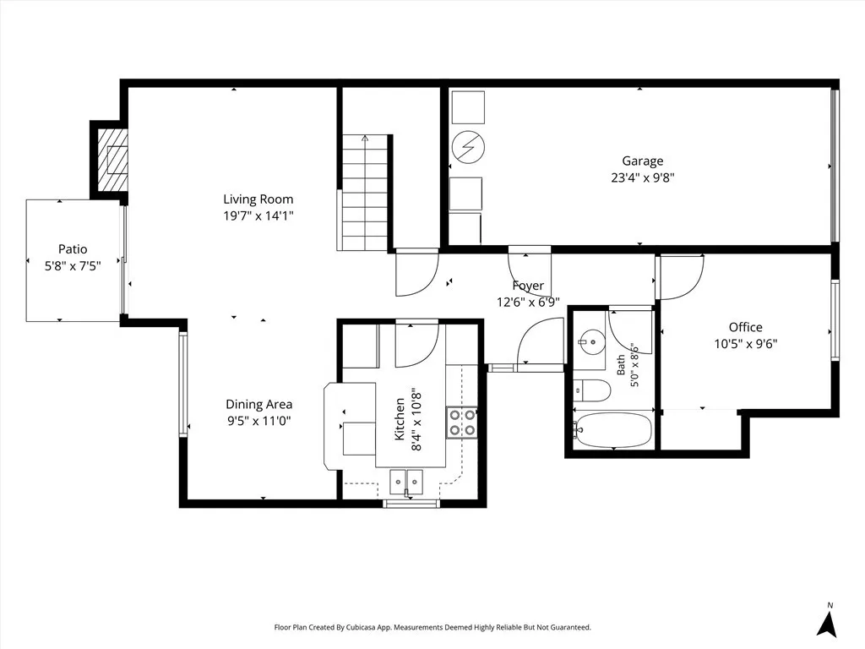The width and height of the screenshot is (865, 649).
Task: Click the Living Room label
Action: (x=258, y=199)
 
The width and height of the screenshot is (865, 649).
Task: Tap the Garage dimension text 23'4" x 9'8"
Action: (x=643, y=177)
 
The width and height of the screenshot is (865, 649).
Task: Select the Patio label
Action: (x=73, y=249)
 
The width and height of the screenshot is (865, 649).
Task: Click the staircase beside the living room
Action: (x=364, y=194)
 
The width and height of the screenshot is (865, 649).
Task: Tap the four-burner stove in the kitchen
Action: (x=462, y=423)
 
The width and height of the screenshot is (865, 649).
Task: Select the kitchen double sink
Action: (x=406, y=481)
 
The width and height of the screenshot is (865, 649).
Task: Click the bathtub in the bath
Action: (x=612, y=430)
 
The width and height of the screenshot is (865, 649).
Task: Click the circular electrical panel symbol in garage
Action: (x=468, y=147)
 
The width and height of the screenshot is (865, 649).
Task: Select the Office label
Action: (x=745, y=327)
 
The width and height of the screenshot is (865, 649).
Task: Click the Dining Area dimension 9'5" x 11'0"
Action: (x=258, y=421)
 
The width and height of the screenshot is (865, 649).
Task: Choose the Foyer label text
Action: (x=528, y=286)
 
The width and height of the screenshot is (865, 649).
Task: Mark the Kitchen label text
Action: (x=400, y=419)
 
